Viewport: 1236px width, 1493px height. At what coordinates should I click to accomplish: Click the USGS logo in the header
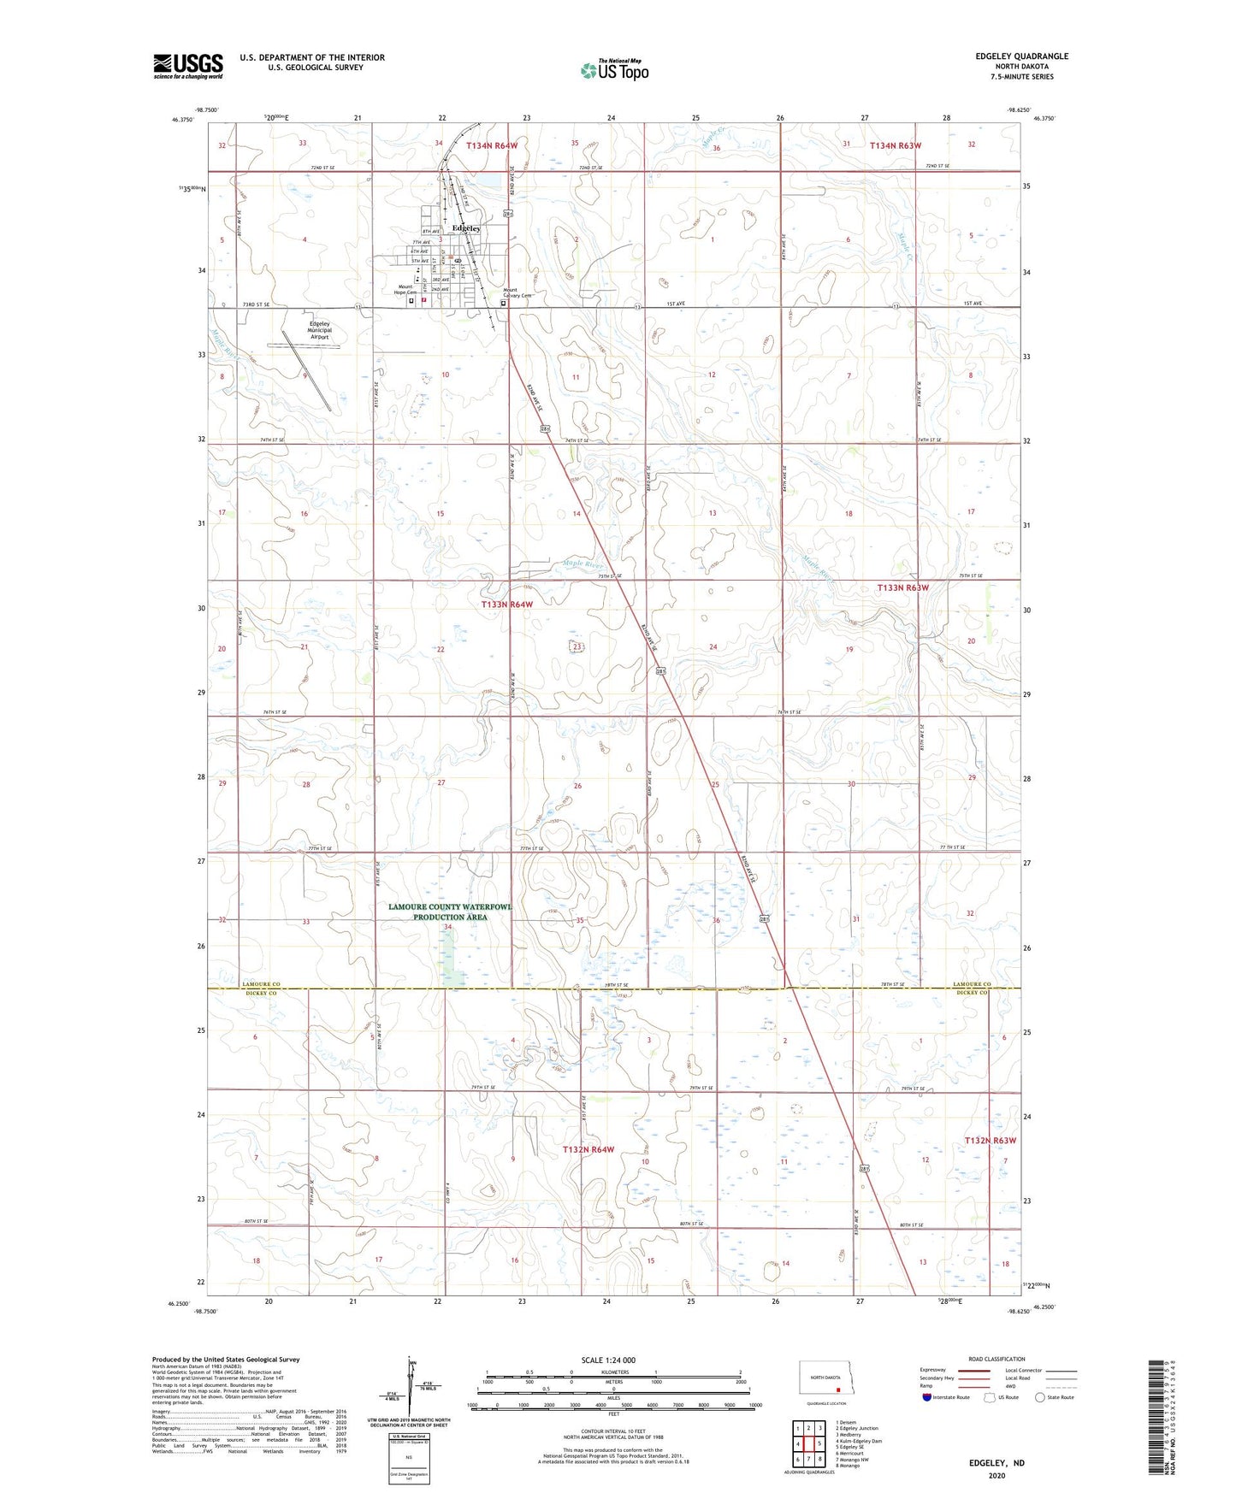188,65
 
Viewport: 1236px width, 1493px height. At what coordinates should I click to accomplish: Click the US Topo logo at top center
614,70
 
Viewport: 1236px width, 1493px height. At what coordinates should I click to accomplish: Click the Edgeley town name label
466,228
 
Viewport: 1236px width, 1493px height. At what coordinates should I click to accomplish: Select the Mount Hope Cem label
405,289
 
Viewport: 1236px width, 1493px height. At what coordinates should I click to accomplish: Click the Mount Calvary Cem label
517,292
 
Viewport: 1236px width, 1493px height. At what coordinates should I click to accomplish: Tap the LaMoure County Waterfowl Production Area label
450,912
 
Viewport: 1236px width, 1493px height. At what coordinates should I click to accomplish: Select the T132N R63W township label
990,1140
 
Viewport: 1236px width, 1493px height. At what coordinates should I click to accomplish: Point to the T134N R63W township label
896,145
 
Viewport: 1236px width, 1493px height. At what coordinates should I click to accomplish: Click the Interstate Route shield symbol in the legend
927,1397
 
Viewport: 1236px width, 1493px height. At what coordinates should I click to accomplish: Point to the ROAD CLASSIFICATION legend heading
996,1359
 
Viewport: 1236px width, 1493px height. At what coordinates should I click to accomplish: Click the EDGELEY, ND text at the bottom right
996,1463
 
